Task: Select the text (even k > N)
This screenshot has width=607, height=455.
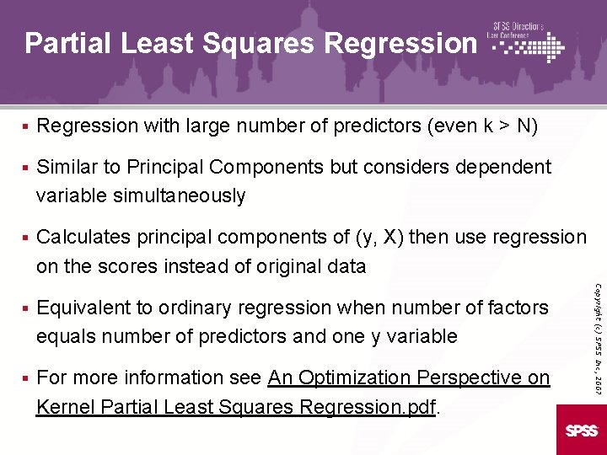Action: point(483,126)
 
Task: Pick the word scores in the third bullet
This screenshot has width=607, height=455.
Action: point(121,266)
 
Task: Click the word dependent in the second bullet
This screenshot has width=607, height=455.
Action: point(503,167)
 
